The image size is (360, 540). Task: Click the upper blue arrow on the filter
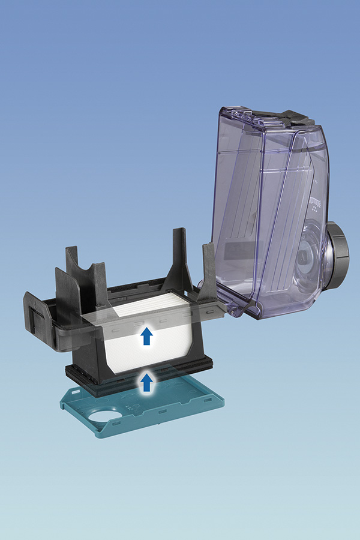click(x=146, y=337)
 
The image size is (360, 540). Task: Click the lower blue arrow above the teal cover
click(x=146, y=381)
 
